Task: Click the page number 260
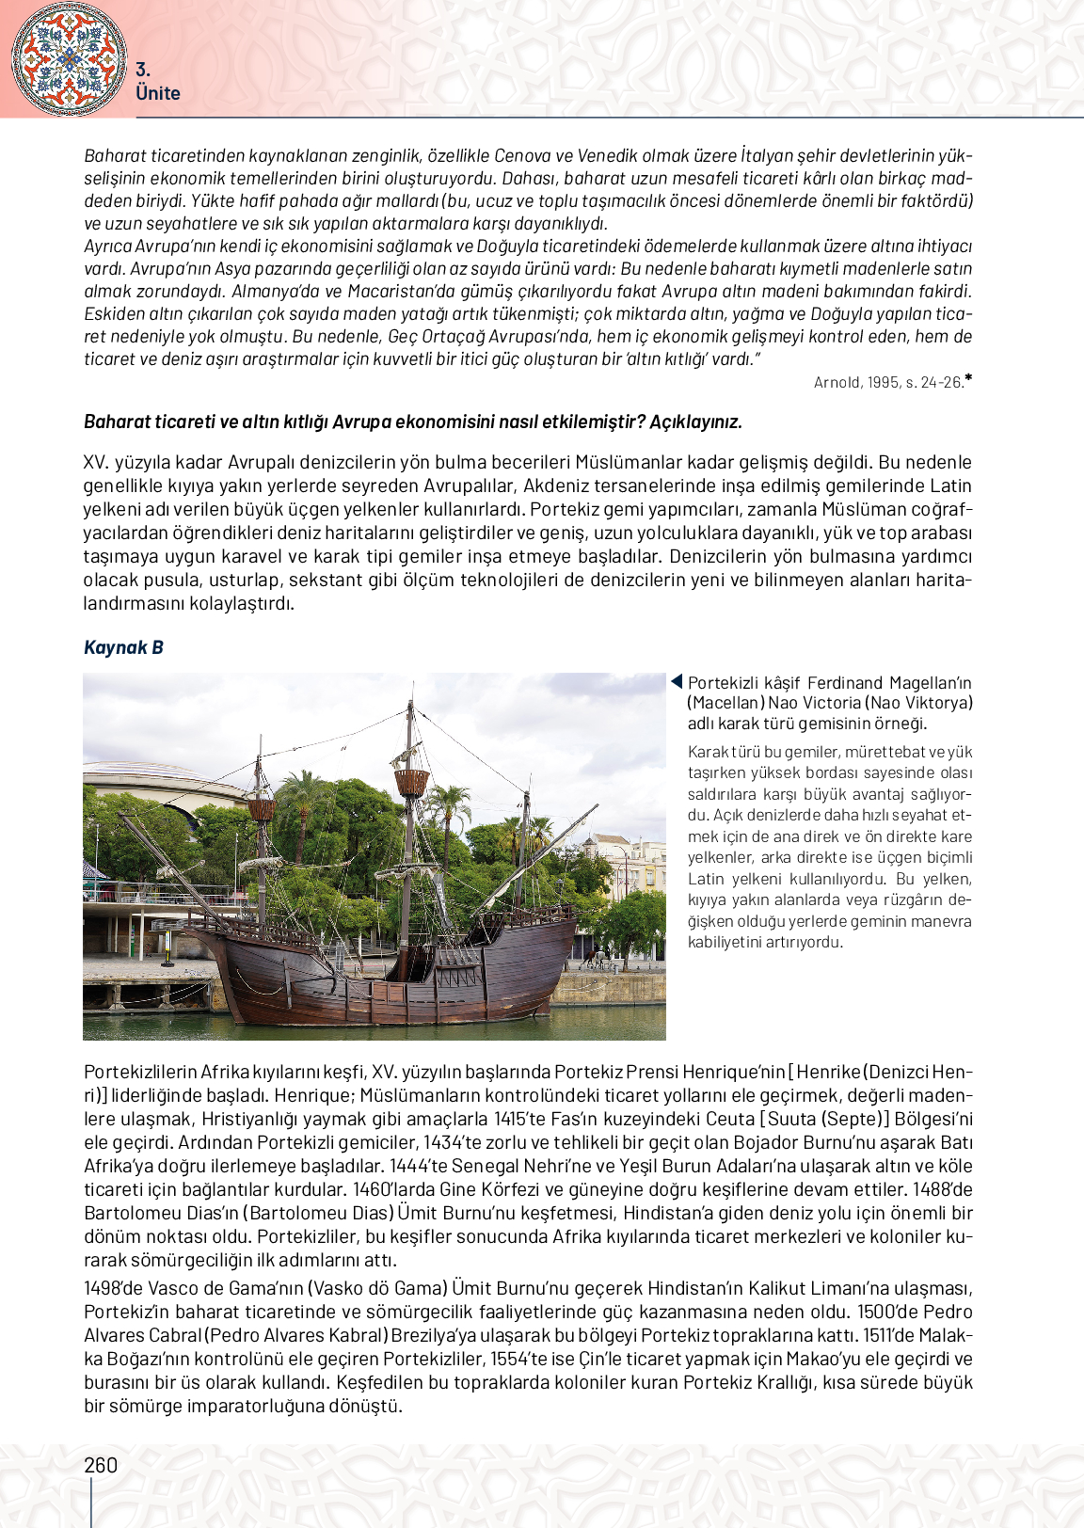coord(101,1465)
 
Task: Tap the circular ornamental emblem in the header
coord(69,58)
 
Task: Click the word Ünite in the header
coord(157,93)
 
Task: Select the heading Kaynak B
coord(123,647)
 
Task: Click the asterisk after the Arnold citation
coord(968,379)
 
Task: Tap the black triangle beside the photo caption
coord(676,682)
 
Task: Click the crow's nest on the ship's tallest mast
coord(411,781)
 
